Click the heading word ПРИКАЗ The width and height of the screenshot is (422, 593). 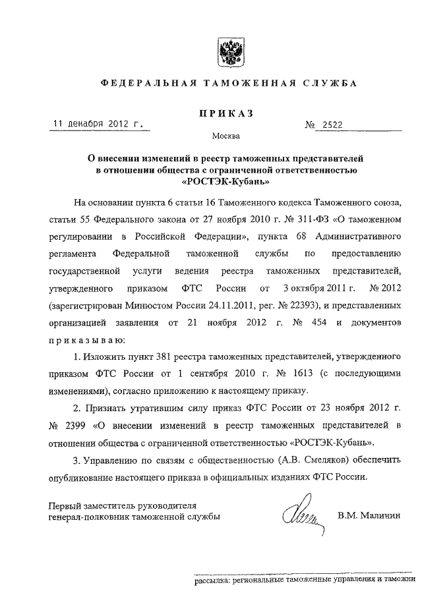coord(222,114)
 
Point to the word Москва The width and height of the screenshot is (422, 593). coord(226,138)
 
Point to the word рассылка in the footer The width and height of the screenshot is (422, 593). coord(212,580)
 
